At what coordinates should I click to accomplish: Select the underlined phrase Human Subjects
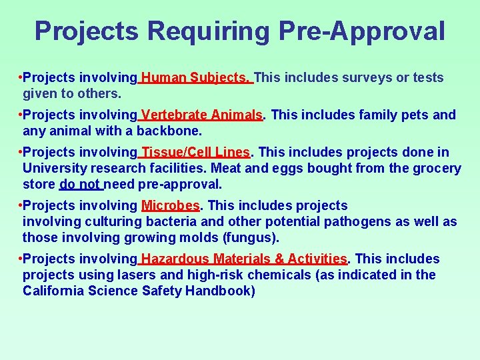click(196, 78)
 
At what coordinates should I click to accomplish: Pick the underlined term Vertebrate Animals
click(202, 115)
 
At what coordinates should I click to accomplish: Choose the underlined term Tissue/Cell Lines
click(195, 153)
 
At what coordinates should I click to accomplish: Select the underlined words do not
click(80, 184)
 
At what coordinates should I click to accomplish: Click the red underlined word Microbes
click(171, 206)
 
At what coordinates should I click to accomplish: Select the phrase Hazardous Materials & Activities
click(244, 259)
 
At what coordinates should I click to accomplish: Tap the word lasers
click(121, 275)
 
